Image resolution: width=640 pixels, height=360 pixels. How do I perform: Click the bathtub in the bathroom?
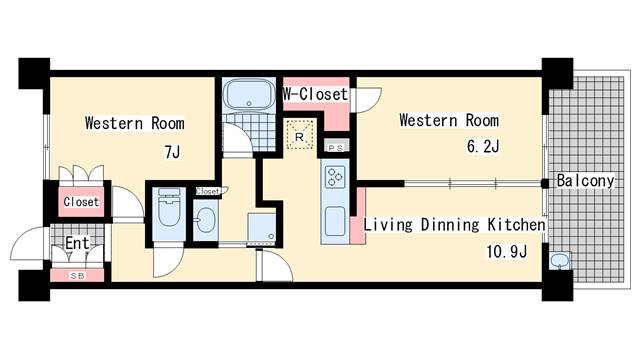(x=249, y=95)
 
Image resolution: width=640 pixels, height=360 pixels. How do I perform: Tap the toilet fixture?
(x=169, y=207)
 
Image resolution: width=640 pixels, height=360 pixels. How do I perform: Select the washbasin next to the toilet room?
(x=205, y=220)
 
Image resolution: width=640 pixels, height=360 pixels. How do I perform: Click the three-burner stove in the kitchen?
(x=335, y=177)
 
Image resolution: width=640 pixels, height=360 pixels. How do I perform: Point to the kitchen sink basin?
(x=335, y=221)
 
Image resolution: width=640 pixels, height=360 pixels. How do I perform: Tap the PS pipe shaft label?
(x=336, y=148)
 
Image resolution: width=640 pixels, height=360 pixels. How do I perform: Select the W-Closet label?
(x=316, y=94)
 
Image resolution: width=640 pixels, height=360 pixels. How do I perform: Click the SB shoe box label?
(x=77, y=276)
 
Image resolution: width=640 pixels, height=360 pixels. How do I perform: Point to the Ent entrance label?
(x=77, y=243)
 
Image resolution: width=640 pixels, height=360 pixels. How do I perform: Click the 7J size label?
(x=172, y=152)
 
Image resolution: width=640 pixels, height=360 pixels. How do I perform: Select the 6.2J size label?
(x=483, y=146)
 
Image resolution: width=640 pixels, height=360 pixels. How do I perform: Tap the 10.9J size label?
(x=507, y=251)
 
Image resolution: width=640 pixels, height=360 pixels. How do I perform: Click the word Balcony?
(x=585, y=180)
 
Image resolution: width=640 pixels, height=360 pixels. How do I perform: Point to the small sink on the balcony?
(x=560, y=260)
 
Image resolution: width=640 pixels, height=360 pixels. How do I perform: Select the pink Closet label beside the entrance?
(x=81, y=202)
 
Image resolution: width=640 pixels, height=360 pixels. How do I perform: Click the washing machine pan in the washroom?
(x=262, y=227)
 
